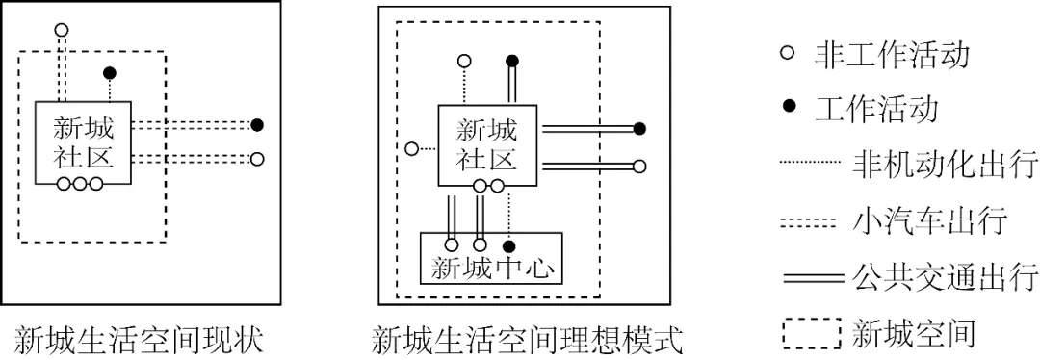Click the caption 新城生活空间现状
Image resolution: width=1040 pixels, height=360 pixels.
click(x=140, y=339)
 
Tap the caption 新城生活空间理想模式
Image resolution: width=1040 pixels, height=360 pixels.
click(x=527, y=339)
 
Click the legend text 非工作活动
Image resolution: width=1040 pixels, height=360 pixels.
click(x=891, y=54)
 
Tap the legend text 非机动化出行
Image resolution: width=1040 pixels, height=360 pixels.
click(x=945, y=165)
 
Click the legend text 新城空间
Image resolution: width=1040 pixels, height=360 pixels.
click(x=914, y=333)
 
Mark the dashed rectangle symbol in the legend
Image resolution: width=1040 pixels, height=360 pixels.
click(x=812, y=334)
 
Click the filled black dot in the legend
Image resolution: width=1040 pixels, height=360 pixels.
click(x=788, y=107)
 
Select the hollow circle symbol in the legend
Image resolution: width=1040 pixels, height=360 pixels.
click(x=788, y=54)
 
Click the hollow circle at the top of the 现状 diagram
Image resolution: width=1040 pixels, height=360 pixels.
click(x=62, y=30)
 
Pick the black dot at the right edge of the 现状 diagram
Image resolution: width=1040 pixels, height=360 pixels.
click(x=256, y=124)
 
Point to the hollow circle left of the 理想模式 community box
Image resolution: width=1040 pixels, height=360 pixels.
click(x=411, y=148)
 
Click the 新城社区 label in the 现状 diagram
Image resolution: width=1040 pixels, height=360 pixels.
click(x=83, y=141)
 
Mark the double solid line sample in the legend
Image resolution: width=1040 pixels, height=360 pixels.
click(x=812, y=278)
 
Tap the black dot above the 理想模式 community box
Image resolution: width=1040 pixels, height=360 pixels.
click(x=512, y=62)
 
